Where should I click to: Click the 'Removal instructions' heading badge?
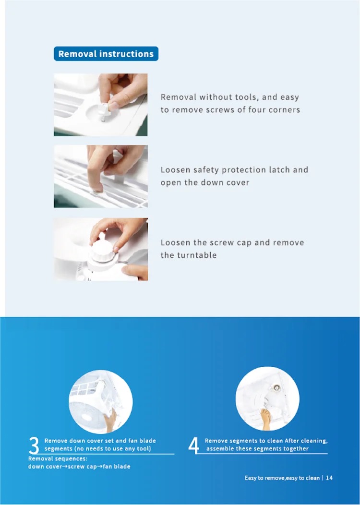click(x=106, y=54)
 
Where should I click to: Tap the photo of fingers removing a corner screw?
click(x=100, y=105)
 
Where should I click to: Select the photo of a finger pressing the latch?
click(x=100, y=176)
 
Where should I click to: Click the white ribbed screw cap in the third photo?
click(x=105, y=251)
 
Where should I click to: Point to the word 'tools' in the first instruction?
click(x=246, y=97)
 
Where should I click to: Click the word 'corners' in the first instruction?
click(x=285, y=109)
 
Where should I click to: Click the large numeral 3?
click(x=34, y=445)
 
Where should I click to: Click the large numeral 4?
click(x=193, y=445)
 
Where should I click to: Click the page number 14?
click(x=329, y=478)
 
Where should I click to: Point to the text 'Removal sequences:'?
click(x=50, y=459)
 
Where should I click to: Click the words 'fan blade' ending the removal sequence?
click(x=117, y=467)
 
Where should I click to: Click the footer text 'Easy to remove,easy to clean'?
click(x=282, y=478)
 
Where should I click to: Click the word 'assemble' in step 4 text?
click(x=220, y=449)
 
